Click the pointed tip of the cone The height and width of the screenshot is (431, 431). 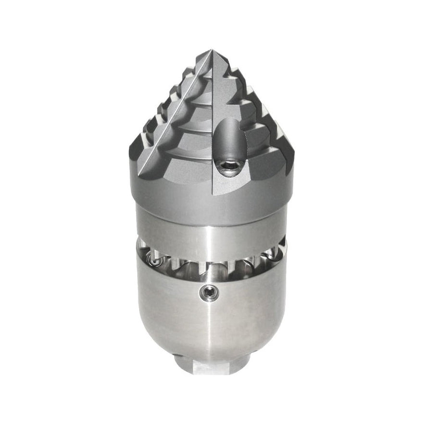coord(211,51)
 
